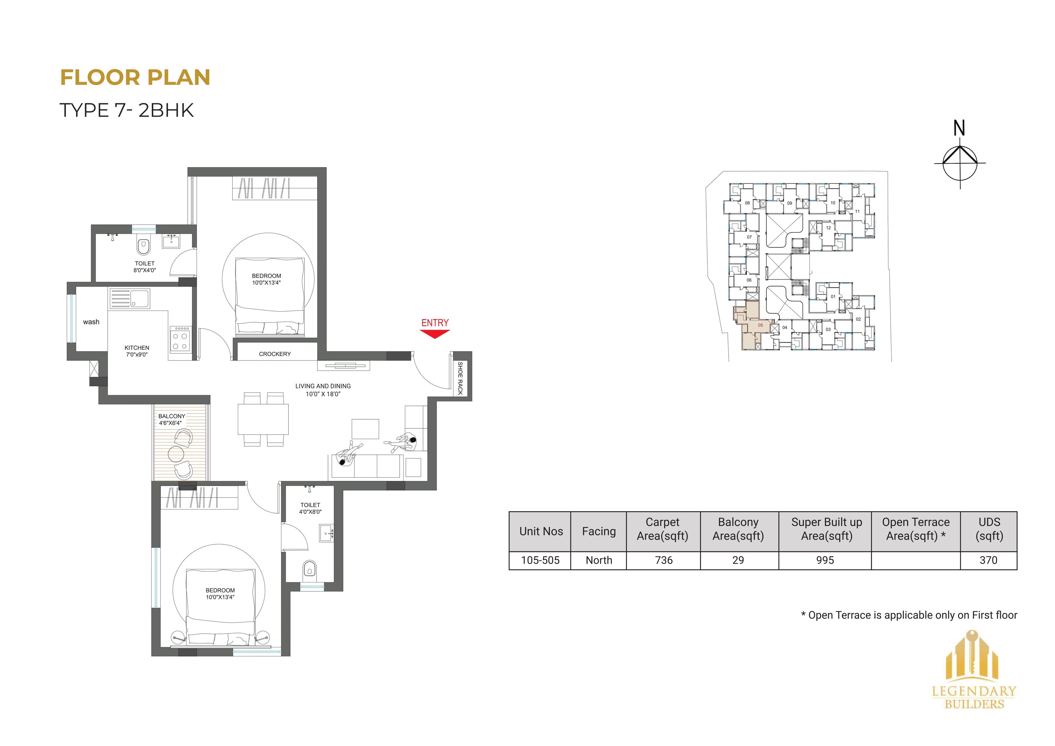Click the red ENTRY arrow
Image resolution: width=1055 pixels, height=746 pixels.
pyautogui.click(x=435, y=334)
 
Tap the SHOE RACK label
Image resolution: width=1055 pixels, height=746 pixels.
pyautogui.click(x=460, y=378)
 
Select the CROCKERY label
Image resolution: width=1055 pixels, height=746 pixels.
pyautogui.click(x=275, y=354)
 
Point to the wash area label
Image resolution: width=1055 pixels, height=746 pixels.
pyautogui.click(x=91, y=322)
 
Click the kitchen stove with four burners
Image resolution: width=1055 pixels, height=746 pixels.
pyautogui.click(x=180, y=340)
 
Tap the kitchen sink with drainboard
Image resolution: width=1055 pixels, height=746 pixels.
pyautogui.click(x=130, y=299)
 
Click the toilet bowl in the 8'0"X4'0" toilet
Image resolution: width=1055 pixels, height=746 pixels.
pyautogui.click(x=143, y=247)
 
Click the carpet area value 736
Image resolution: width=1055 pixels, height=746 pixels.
pyautogui.click(x=663, y=560)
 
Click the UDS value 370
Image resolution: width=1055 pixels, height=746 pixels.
pyautogui.click(x=988, y=560)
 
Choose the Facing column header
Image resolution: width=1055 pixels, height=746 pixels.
pyautogui.click(x=599, y=531)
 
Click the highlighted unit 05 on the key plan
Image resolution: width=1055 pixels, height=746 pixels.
pyautogui.click(x=760, y=325)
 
